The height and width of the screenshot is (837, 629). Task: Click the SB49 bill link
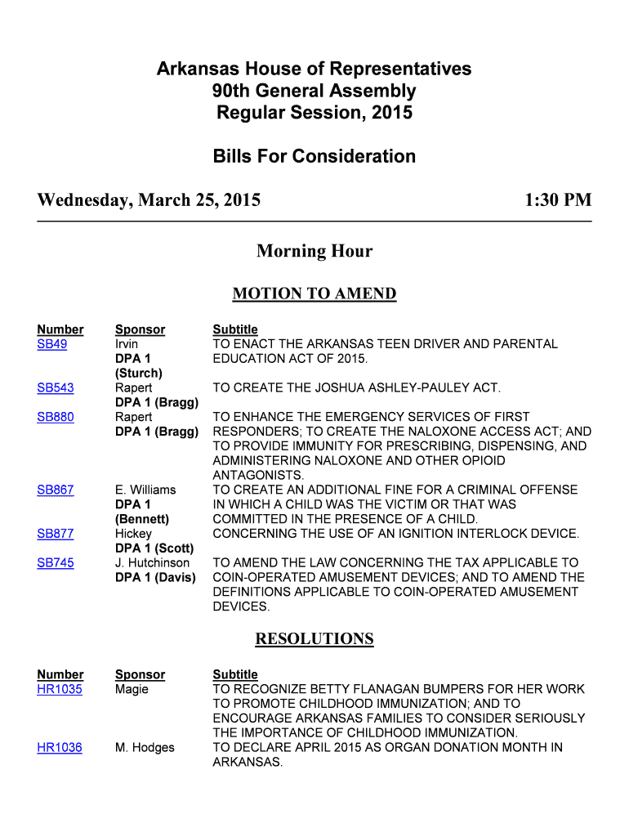(52, 344)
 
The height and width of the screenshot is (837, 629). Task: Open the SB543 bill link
(56, 387)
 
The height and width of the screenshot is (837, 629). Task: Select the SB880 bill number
(56, 417)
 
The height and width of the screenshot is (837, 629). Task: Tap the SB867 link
(56, 490)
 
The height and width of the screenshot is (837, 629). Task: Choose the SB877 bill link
(56, 534)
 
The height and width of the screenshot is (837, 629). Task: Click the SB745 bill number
(56, 562)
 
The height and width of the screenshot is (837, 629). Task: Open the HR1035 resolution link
(60, 689)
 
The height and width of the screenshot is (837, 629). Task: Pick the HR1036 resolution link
(60, 747)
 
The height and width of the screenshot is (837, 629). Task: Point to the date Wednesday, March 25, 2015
(149, 200)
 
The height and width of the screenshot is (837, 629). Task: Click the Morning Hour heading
(314, 251)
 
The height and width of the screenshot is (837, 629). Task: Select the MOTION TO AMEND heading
(314, 294)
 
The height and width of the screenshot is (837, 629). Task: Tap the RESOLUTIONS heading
(314, 639)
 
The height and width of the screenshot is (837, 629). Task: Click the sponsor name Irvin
(127, 344)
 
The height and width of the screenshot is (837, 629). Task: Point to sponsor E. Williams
(145, 490)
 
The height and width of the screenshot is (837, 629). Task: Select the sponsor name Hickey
(133, 534)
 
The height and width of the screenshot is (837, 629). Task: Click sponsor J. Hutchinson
(152, 562)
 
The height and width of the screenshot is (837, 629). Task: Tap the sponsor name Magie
(132, 689)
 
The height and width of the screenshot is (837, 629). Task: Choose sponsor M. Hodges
(145, 747)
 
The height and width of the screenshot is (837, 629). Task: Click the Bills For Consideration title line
(314, 156)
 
